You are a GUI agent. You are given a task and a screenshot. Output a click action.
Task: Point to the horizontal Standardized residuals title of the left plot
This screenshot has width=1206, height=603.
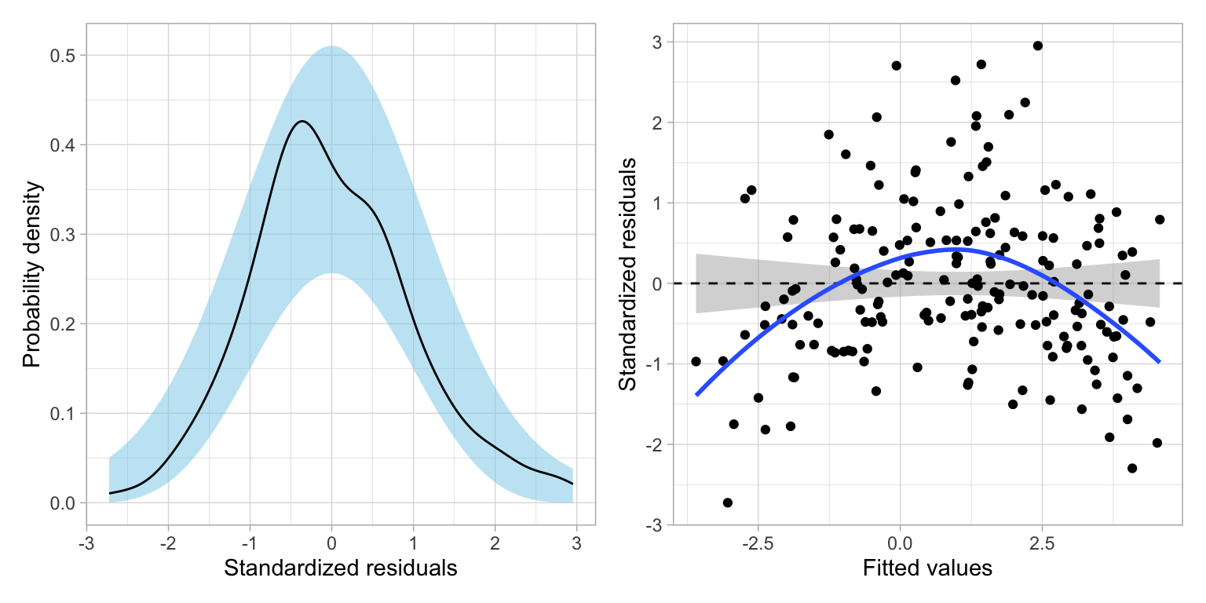pos(340,568)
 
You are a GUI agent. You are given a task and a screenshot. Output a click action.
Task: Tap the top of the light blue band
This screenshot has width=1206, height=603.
pos(331,46)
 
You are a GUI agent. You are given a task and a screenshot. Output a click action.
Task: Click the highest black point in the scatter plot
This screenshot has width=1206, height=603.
pos(1037,46)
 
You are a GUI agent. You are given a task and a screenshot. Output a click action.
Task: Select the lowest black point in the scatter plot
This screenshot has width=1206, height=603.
pos(728,502)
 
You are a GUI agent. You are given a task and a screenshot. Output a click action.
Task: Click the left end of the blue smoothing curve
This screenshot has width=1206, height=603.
pos(696,395)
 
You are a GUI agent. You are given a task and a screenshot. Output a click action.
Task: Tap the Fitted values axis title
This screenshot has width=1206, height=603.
pos(927,568)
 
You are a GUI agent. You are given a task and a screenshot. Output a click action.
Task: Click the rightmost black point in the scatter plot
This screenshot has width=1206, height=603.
pos(1160,220)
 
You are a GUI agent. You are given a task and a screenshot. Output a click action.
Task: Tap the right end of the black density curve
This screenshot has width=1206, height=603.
pos(572,484)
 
